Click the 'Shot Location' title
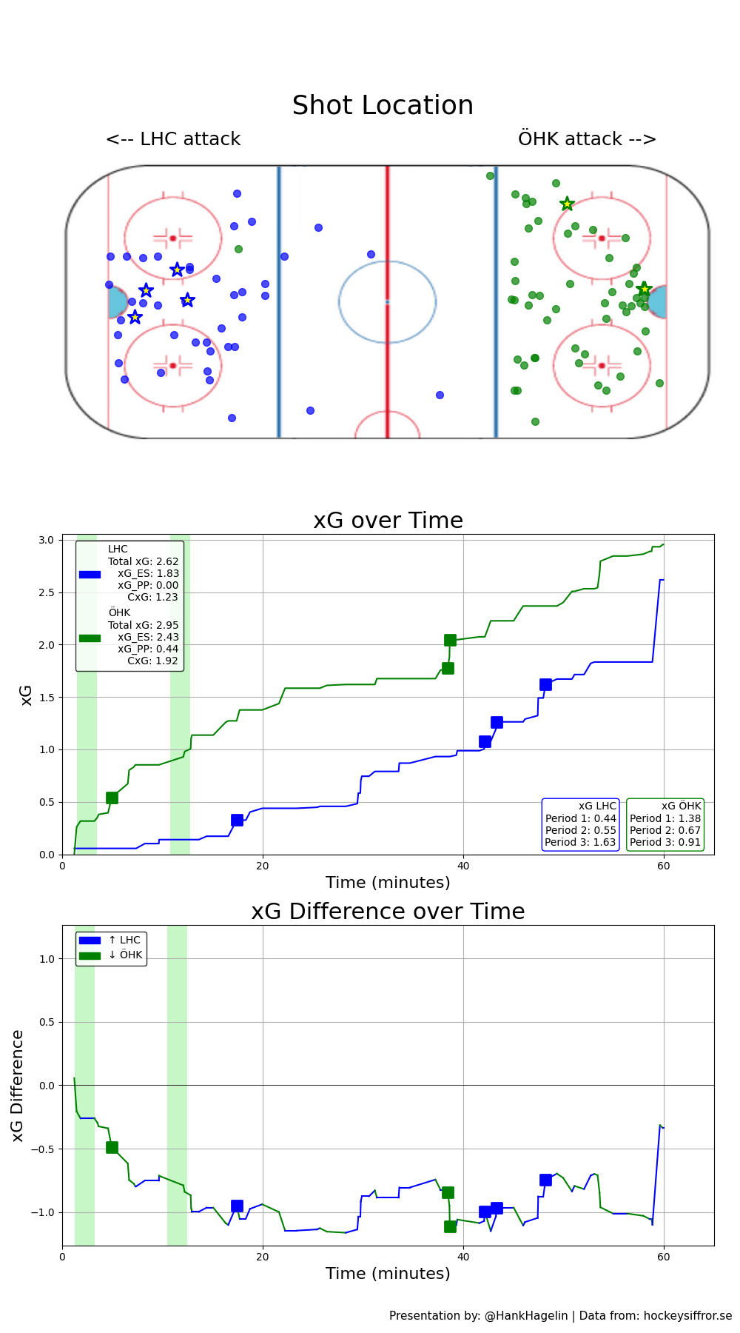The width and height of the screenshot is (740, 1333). pos(383,106)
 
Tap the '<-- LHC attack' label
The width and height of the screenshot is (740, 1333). pos(173,139)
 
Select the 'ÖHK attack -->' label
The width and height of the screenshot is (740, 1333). pos(587,139)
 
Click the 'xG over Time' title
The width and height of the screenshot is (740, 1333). pos(388,521)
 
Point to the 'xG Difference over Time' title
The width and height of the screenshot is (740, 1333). pos(388,912)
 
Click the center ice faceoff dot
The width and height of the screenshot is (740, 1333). pos(387,301)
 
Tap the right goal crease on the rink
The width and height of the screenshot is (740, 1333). pos(657,302)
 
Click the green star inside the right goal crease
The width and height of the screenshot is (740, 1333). pos(644,289)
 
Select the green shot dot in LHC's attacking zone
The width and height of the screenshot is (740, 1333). pos(238,249)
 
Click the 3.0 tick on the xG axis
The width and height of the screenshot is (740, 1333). pos(47,541)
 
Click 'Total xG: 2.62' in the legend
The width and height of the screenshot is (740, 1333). pos(144,561)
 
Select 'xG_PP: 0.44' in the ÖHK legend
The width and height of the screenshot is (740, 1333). pos(148,649)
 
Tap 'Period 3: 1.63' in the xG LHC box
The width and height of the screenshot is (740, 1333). pos(580,842)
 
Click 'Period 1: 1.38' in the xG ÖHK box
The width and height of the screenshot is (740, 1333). pos(665,818)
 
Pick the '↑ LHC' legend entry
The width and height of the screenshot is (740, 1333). pos(124,941)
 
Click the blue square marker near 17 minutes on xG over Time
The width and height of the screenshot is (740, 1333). pos(237,820)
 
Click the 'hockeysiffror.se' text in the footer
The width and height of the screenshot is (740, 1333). pos(687,1316)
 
